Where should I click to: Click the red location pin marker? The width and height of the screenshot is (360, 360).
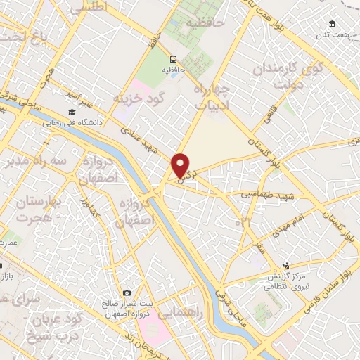(181, 165)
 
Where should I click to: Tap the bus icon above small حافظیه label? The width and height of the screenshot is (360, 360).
(173, 60)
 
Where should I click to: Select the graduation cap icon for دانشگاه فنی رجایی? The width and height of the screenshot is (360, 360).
(71, 112)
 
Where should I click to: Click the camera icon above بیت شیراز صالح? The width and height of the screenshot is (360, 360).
(127, 292)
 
